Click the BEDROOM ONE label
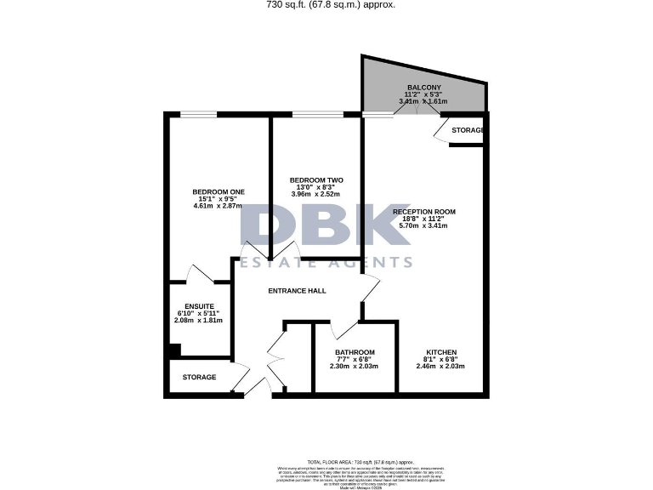219,191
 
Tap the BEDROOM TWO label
316,180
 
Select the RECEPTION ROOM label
424,211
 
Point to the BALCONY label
423,88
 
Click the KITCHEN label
441,352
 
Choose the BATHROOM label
355,352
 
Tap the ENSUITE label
198,305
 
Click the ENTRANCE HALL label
297,291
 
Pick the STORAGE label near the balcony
468,130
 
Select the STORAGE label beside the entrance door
199,377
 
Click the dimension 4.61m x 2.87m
219,206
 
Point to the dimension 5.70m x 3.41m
424,225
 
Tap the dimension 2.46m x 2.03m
441,367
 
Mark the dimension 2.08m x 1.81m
198,321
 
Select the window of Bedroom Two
317,114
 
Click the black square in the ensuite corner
173,349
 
